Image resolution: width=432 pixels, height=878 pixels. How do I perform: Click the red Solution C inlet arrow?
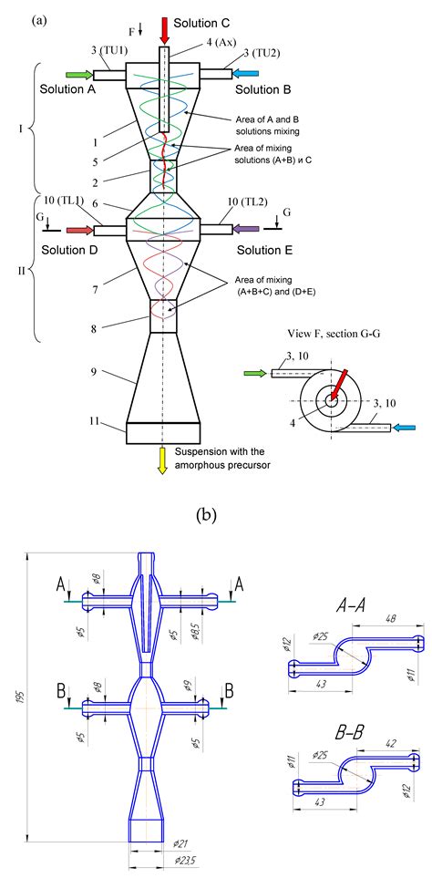(164, 28)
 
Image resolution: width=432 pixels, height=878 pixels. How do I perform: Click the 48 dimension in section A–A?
(392, 618)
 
